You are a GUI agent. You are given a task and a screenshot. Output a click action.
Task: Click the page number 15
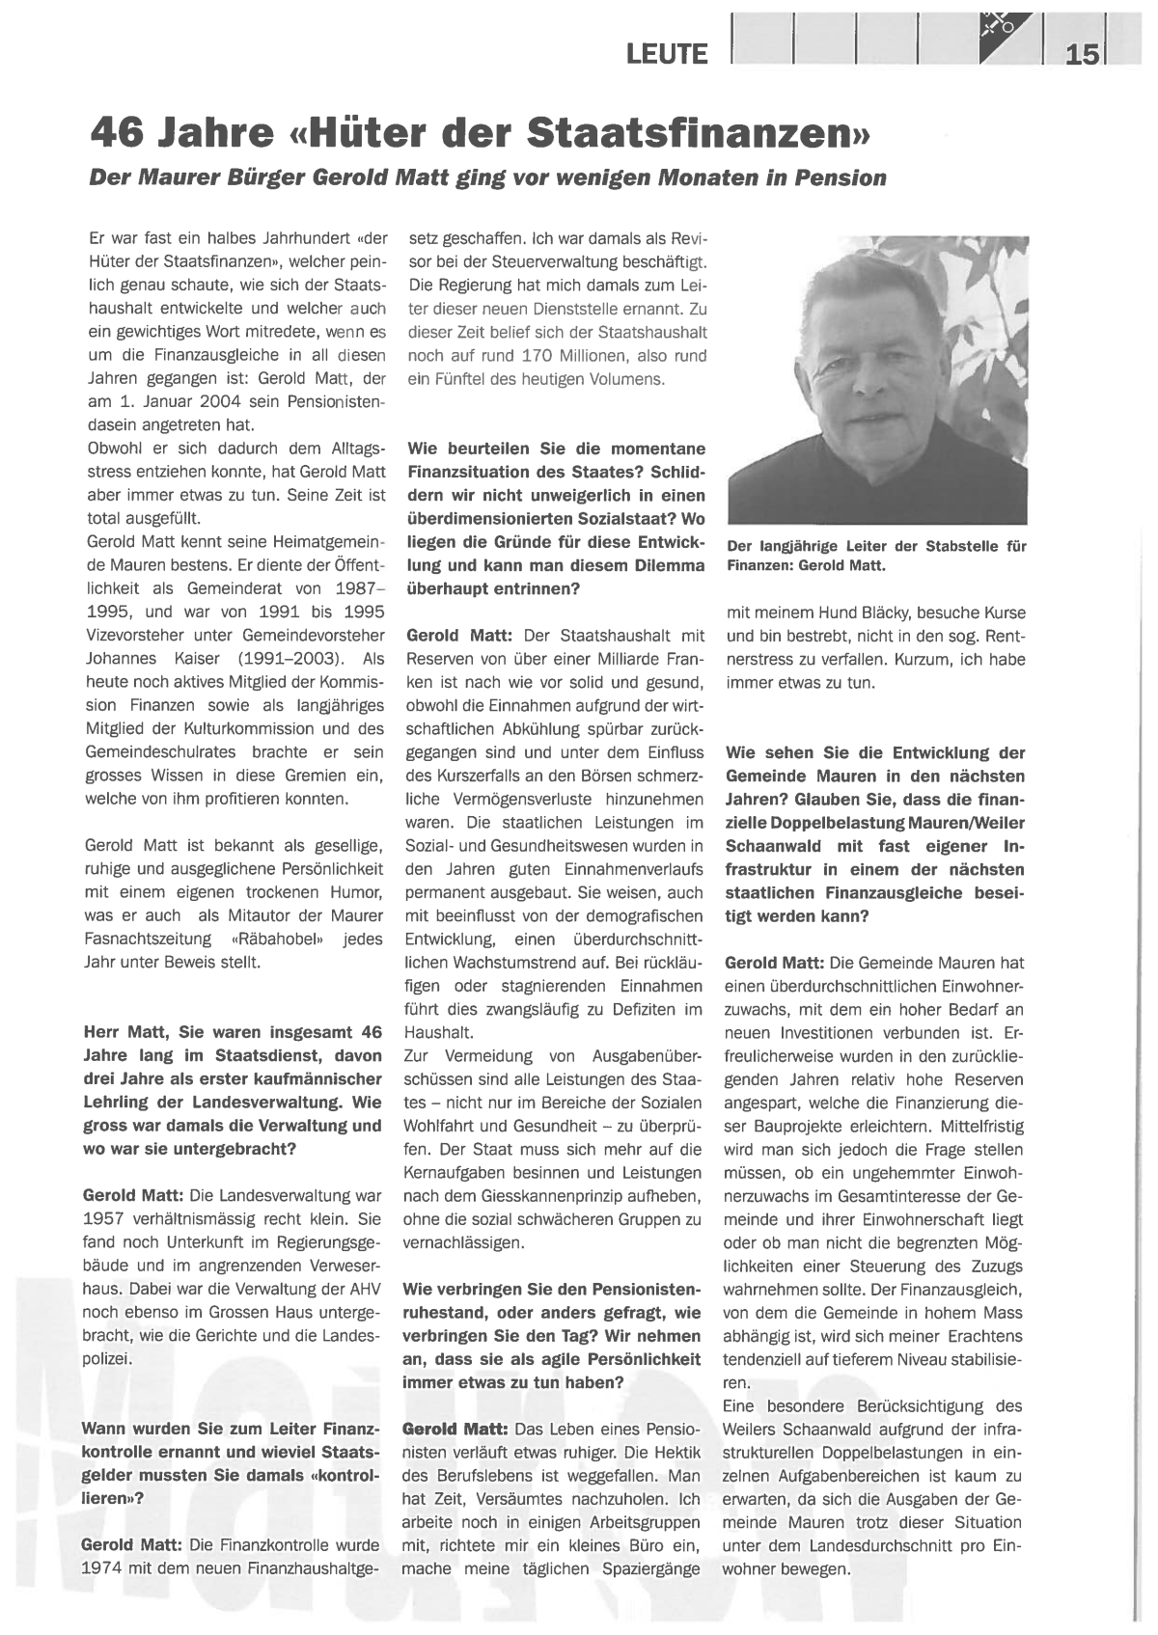click(x=1082, y=54)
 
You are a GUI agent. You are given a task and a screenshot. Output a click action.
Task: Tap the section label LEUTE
click(x=667, y=54)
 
